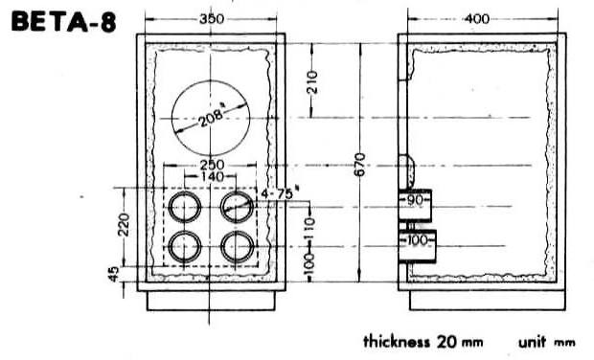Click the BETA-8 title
(x=63, y=23)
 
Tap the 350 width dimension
(x=212, y=19)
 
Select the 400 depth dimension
(x=477, y=18)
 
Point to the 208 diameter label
(x=211, y=118)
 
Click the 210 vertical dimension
(x=311, y=81)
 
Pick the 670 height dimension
(x=360, y=165)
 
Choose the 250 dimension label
(x=212, y=165)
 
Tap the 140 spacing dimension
(x=212, y=177)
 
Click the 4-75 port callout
(x=278, y=193)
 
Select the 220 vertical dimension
(x=124, y=224)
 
